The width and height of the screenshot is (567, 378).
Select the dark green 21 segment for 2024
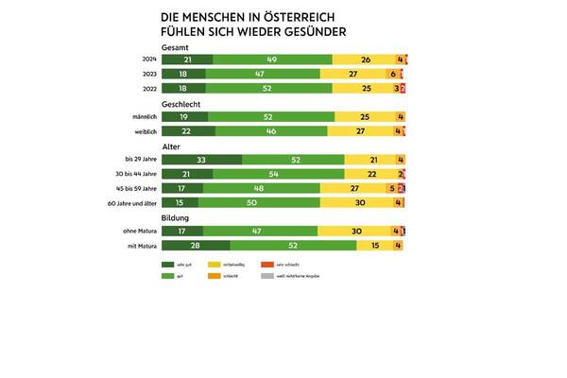coord(187,60)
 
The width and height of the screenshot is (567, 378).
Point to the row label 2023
coord(149,74)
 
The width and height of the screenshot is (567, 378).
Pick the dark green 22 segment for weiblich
coord(188,131)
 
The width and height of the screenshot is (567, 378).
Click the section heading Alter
coord(172,147)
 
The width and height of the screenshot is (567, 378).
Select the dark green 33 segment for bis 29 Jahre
coord(202,161)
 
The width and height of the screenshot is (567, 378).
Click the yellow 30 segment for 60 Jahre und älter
coord(358,203)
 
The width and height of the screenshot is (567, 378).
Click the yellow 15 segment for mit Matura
coord(375,246)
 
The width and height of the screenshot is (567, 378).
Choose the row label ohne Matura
coord(143,232)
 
